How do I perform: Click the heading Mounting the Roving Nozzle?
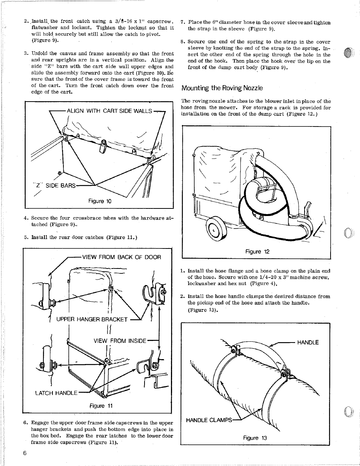pos(222,88)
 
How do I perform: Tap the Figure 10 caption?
pos(100,201)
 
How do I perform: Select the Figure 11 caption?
pos(101,406)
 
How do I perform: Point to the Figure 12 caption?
pos(257,252)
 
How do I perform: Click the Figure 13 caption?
pos(255,438)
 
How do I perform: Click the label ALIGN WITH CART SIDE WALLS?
pos(109,111)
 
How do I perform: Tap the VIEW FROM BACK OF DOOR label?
pos(121,257)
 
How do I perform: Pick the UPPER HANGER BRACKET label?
pos(92,319)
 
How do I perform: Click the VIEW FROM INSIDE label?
pos(120,341)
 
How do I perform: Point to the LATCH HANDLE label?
pos(56,393)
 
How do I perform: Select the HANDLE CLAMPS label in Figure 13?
pos(209,420)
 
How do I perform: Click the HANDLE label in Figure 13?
pos(308,343)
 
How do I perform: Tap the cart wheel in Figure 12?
pos(215,230)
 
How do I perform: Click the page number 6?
pos(25,453)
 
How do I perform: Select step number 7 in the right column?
pos(183,23)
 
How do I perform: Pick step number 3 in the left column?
pos(26,54)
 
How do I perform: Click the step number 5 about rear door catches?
pos(26,238)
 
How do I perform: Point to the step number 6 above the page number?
pos(26,423)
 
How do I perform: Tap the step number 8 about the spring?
pos(183,42)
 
